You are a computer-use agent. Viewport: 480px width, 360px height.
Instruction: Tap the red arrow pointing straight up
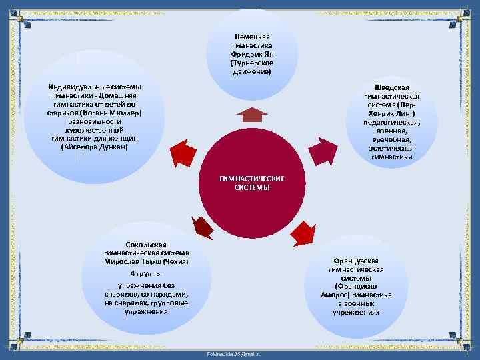[251, 115]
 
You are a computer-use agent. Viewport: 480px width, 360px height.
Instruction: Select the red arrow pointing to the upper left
[181, 154]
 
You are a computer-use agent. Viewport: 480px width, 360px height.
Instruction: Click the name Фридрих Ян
[251, 53]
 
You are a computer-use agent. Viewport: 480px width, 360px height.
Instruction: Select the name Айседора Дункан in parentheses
[94, 147]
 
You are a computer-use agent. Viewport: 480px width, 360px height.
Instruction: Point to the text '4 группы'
[146, 274]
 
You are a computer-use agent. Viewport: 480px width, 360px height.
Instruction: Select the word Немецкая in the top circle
[251, 36]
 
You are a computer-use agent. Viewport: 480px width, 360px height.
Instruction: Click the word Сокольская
[146, 244]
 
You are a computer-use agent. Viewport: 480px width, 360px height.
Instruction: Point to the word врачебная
[391, 140]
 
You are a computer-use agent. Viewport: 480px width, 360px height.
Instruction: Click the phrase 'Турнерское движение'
[251, 67]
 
